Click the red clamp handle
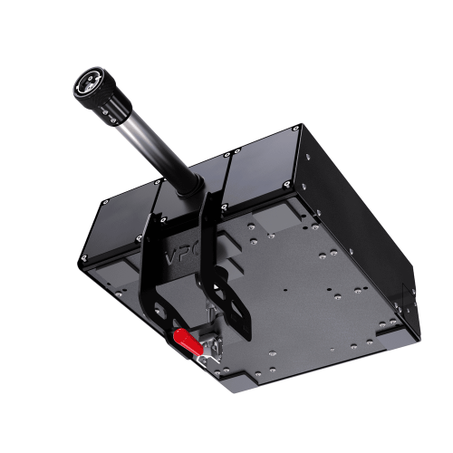[186, 342]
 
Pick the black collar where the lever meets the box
[189, 184]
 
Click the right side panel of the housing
[362, 226]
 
